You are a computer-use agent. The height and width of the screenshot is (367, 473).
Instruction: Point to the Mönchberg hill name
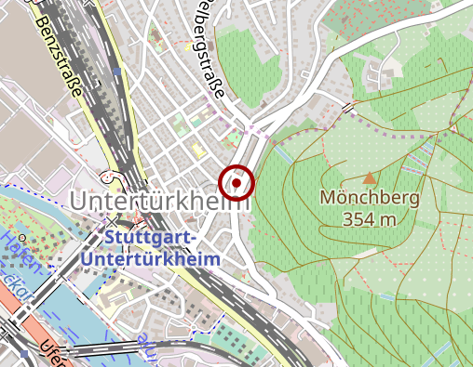[x=370, y=198]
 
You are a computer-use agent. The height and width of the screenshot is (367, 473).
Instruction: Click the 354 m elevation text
[x=370, y=219]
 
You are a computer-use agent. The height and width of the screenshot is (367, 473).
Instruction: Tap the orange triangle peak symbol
[x=370, y=177]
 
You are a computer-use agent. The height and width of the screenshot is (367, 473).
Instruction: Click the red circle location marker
[x=237, y=183]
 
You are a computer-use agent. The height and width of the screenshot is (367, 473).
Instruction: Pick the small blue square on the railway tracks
[x=115, y=71]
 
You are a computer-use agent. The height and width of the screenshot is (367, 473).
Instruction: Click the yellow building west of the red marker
[x=196, y=149]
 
